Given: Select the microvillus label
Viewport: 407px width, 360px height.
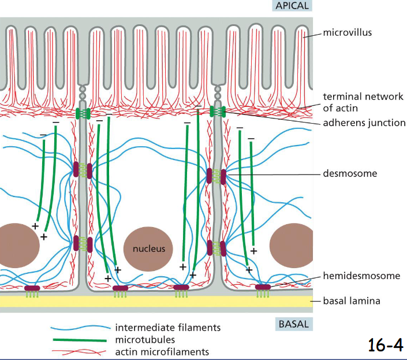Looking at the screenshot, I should pyautogui.click(x=347, y=32).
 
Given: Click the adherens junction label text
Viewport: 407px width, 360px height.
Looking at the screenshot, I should pyautogui.click(x=364, y=123).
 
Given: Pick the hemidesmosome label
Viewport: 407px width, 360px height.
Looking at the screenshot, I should pyautogui.click(x=361, y=276).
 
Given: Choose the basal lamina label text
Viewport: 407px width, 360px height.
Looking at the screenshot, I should pyautogui.click(x=352, y=301).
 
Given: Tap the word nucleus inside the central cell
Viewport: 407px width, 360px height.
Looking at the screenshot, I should pyautogui.click(x=149, y=249).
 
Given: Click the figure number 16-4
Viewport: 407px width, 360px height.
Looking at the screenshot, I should pyautogui.click(x=385, y=344).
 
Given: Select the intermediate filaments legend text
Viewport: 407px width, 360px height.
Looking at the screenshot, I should pyautogui.click(x=167, y=328).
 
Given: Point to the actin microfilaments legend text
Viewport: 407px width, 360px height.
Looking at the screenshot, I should pyautogui.click(x=162, y=351).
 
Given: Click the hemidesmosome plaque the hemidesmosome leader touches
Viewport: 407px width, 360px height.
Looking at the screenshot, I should pyautogui.click(x=263, y=287).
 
